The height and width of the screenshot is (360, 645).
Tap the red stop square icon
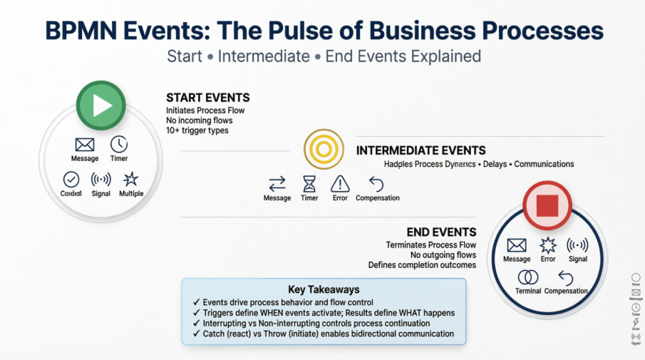(547, 205)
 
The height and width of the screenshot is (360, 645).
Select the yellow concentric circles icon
(324, 149)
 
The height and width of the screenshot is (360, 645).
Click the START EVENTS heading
(207, 98)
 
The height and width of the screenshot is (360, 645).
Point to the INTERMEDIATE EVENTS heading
(420, 150)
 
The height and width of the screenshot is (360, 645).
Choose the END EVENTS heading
(441, 232)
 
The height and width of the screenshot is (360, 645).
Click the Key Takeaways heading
(324, 289)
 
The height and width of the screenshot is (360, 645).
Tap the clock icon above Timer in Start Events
(119, 143)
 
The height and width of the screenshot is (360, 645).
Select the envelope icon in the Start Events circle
(85, 145)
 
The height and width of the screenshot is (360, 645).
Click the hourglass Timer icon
(309, 183)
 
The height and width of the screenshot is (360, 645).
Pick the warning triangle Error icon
(340, 183)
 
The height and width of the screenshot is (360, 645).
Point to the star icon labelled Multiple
(131, 179)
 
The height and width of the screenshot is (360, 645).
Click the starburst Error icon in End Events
(547, 245)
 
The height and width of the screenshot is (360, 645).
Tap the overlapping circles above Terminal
(528, 277)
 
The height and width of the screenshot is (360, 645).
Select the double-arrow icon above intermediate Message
(277, 183)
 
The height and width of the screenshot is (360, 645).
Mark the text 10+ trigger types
(196, 130)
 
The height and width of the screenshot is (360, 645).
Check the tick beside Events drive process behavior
(197, 302)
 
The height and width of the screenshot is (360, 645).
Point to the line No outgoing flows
(443, 254)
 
